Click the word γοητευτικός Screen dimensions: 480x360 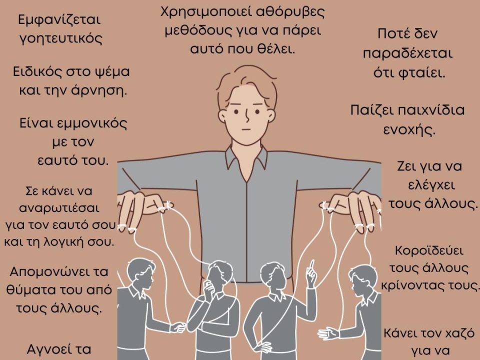[60, 39]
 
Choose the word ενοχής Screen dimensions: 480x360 [409, 130]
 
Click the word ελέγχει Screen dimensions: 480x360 [431, 185]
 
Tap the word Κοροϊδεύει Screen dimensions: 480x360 [429, 251]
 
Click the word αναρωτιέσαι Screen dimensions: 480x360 [59, 208]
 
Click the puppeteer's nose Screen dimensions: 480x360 [247, 115]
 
